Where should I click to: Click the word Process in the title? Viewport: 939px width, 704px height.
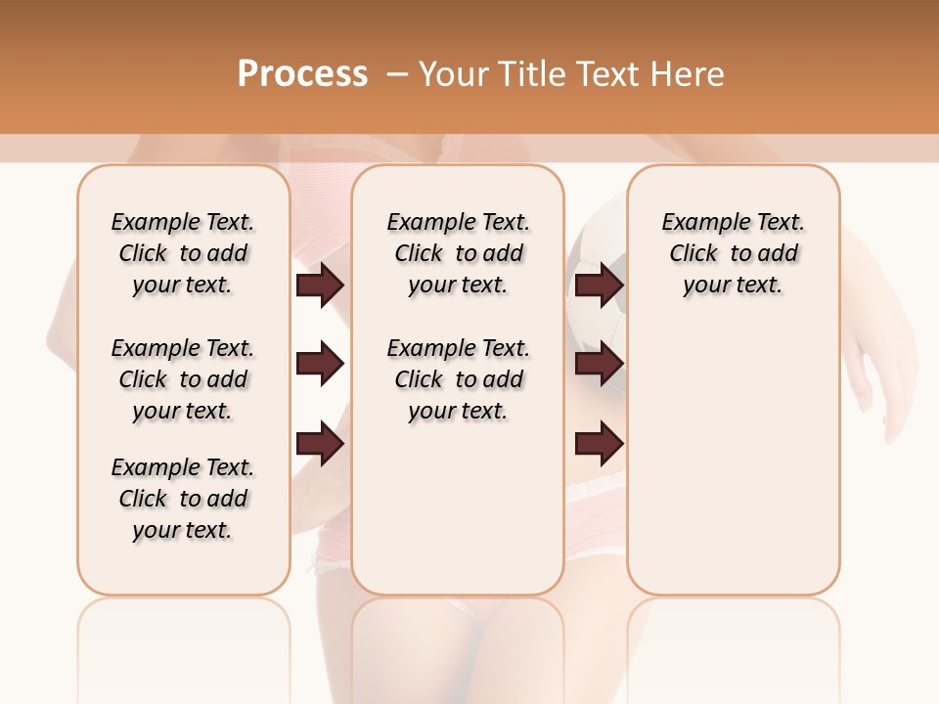(302, 74)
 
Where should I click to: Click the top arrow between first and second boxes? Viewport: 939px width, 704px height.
(320, 286)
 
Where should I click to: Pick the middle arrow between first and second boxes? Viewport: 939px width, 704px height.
(320, 365)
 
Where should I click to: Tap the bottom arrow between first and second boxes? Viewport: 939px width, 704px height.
(320, 444)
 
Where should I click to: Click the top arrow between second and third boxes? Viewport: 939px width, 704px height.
(600, 286)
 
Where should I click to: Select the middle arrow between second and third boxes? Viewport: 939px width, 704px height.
(600, 365)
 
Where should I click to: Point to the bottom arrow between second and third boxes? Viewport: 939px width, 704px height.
(600, 444)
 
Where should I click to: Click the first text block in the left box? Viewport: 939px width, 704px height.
(183, 253)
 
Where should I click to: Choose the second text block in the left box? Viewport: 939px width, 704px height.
(183, 379)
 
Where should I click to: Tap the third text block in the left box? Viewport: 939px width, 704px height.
(183, 499)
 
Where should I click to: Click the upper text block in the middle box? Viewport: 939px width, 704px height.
(459, 253)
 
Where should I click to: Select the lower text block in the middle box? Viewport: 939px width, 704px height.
(459, 379)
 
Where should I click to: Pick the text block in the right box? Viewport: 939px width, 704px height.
(734, 253)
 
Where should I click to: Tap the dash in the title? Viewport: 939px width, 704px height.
(396, 74)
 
